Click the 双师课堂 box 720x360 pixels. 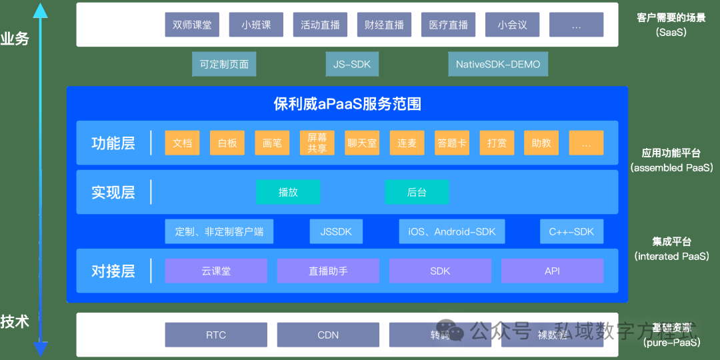192,25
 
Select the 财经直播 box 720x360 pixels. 384,25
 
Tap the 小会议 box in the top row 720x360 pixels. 512,25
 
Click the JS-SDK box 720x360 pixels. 352,65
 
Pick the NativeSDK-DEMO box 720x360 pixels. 498,65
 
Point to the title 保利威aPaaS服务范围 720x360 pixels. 347,104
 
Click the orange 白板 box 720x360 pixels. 227,143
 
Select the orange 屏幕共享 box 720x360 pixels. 317,143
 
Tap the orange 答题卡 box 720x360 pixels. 451,143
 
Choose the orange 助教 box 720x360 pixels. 541,143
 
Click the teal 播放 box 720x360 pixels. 288,192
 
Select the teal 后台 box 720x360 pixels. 417,192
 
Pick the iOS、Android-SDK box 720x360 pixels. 452,231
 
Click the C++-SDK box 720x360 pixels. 571,231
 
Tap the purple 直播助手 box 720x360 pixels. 328,271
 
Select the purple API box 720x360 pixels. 552,271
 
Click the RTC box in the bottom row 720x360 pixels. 216,335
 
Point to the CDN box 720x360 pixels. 328,335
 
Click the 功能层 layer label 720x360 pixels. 113,143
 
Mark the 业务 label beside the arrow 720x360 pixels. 15,39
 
